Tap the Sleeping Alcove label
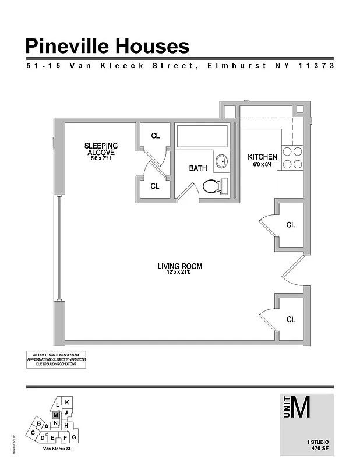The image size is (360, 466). (101, 149)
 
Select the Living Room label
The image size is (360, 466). (179, 266)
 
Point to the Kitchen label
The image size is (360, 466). (262, 157)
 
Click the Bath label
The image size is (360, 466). (197, 168)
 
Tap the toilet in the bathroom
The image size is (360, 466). (215, 186)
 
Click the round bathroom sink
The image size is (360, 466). (221, 161)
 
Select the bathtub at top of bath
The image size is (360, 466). (202, 136)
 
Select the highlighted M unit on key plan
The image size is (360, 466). (55, 415)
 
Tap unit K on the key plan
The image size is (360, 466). (67, 403)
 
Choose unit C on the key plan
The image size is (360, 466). (34, 433)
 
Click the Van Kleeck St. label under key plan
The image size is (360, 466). (57, 449)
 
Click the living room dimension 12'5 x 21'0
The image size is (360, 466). (179, 273)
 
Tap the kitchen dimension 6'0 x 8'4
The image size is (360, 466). (262, 165)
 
